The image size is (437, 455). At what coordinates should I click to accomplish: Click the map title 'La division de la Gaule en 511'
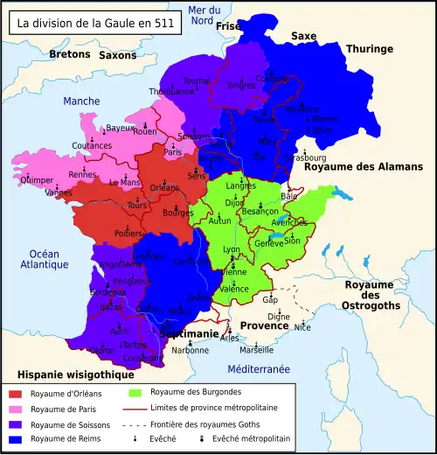94,22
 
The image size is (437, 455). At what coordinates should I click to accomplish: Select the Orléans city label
165,187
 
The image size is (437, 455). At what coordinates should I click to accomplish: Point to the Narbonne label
190,350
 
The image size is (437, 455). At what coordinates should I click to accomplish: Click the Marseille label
256,350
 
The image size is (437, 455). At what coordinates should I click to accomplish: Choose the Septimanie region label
188,334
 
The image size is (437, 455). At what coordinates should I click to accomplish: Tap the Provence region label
264,325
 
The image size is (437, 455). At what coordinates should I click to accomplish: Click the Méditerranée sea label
259,369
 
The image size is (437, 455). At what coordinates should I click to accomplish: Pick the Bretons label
70,54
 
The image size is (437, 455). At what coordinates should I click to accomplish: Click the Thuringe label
371,49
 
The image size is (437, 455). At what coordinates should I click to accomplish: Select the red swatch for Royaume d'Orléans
14,394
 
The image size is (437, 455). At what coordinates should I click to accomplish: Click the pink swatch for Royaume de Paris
14,409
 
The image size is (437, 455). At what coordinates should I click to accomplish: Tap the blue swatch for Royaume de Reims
14,438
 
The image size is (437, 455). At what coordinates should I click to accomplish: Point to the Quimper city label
34,182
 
